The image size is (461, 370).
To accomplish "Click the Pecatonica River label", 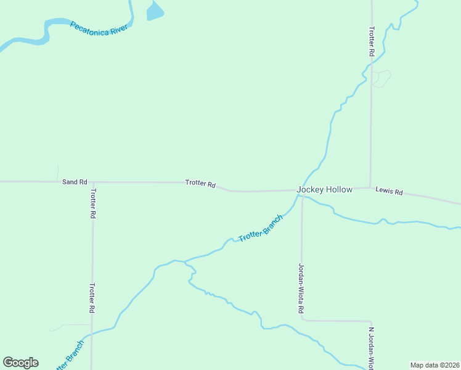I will pos(99,28).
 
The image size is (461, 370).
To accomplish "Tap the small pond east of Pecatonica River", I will pos(154,11).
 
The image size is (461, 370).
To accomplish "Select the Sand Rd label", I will pos(75,182).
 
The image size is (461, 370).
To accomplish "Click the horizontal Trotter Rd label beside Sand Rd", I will pos(200,184).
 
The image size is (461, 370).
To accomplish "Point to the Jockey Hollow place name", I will pos(325,189).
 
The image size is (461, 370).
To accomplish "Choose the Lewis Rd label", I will pos(389,192).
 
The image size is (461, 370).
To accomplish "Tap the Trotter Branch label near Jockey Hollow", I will pos(261,228).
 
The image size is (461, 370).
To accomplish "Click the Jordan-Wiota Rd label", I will pos(301,288).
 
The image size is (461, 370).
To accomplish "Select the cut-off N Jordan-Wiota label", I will pos(372,348).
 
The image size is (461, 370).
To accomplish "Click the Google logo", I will pos(21,363).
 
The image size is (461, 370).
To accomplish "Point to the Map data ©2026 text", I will pos(435,365).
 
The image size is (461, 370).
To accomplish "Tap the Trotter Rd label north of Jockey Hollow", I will pos(371,42).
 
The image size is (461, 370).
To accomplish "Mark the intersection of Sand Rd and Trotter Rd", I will pos(92,182).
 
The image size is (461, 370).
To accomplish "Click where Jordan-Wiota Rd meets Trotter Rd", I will pos(302,190).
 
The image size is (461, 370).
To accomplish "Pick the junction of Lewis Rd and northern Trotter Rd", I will pos(370,187).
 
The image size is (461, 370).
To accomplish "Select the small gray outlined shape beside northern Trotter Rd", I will pos(381,78).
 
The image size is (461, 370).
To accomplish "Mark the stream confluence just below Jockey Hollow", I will pos(299,196).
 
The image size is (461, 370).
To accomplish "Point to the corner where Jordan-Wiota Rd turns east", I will pos(302,320).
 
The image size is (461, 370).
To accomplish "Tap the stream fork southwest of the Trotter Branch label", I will pos(185,261).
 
